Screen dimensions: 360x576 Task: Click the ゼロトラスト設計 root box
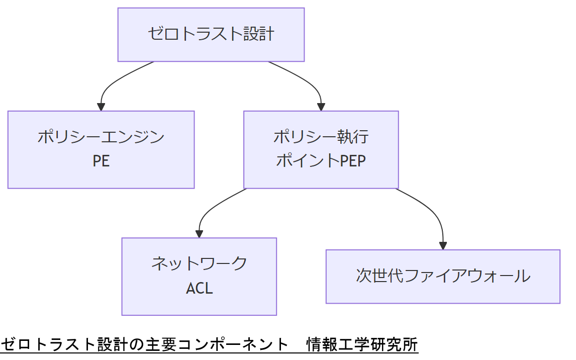[x=211, y=35]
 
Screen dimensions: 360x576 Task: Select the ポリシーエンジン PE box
[x=101, y=149]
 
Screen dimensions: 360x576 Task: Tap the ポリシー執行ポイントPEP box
[x=321, y=149]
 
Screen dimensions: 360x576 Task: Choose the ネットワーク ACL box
[x=199, y=276]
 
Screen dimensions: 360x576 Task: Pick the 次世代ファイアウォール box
[x=442, y=276]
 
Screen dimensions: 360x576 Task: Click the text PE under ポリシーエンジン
[x=101, y=161]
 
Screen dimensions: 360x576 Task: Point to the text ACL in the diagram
[x=200, y=288]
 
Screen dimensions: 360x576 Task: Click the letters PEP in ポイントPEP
[x=353, y=161]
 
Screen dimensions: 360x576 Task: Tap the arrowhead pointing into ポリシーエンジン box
[x=101, y=107]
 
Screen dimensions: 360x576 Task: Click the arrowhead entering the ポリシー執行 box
[x=321, y=107]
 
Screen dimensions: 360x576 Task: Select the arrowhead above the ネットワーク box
[x=199, y=233]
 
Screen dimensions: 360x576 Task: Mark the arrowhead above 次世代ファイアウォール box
[x=443, y=245]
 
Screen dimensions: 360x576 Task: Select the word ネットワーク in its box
[x=199, y=263]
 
